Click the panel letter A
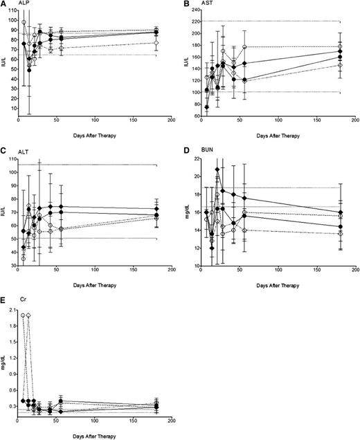tap(3, 4)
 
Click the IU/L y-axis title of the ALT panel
tap(3, 212)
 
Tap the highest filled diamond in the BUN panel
tap(218, 169)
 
